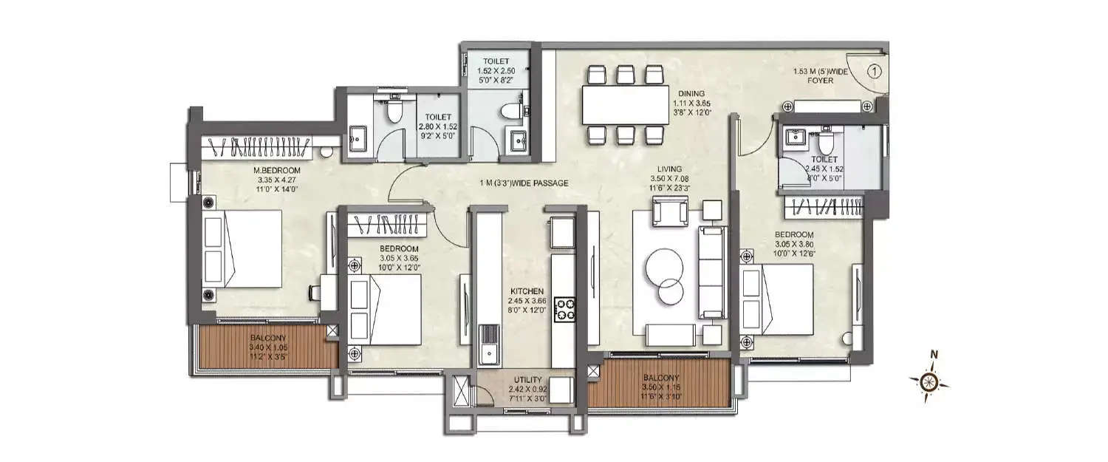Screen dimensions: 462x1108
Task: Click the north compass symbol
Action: (x=929, y=381)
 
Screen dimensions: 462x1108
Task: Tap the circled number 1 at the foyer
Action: (x=873, y=72)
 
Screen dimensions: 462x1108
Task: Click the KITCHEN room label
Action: (x=527, y=291)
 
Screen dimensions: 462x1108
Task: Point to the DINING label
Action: (x=693, y=93)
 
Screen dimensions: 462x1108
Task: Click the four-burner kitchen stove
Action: (x=565, y=308)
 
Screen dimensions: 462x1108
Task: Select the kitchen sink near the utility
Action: (x=488, y=347)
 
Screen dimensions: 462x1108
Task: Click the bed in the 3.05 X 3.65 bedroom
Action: (x=385, y=310)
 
